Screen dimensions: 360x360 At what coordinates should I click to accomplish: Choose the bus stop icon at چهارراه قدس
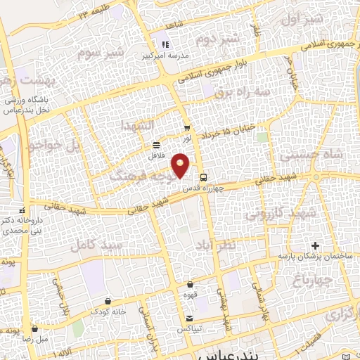[204, 177]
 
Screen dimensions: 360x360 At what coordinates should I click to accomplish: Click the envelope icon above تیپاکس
[189, 318]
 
